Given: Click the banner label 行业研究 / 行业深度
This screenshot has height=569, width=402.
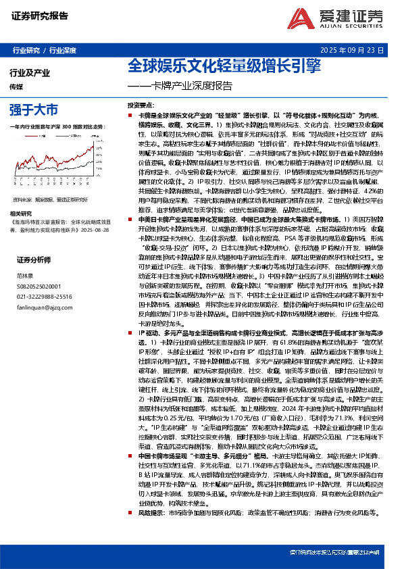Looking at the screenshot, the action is tap(44, 51).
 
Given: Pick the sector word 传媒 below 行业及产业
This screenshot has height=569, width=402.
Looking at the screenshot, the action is tap(17, 86).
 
